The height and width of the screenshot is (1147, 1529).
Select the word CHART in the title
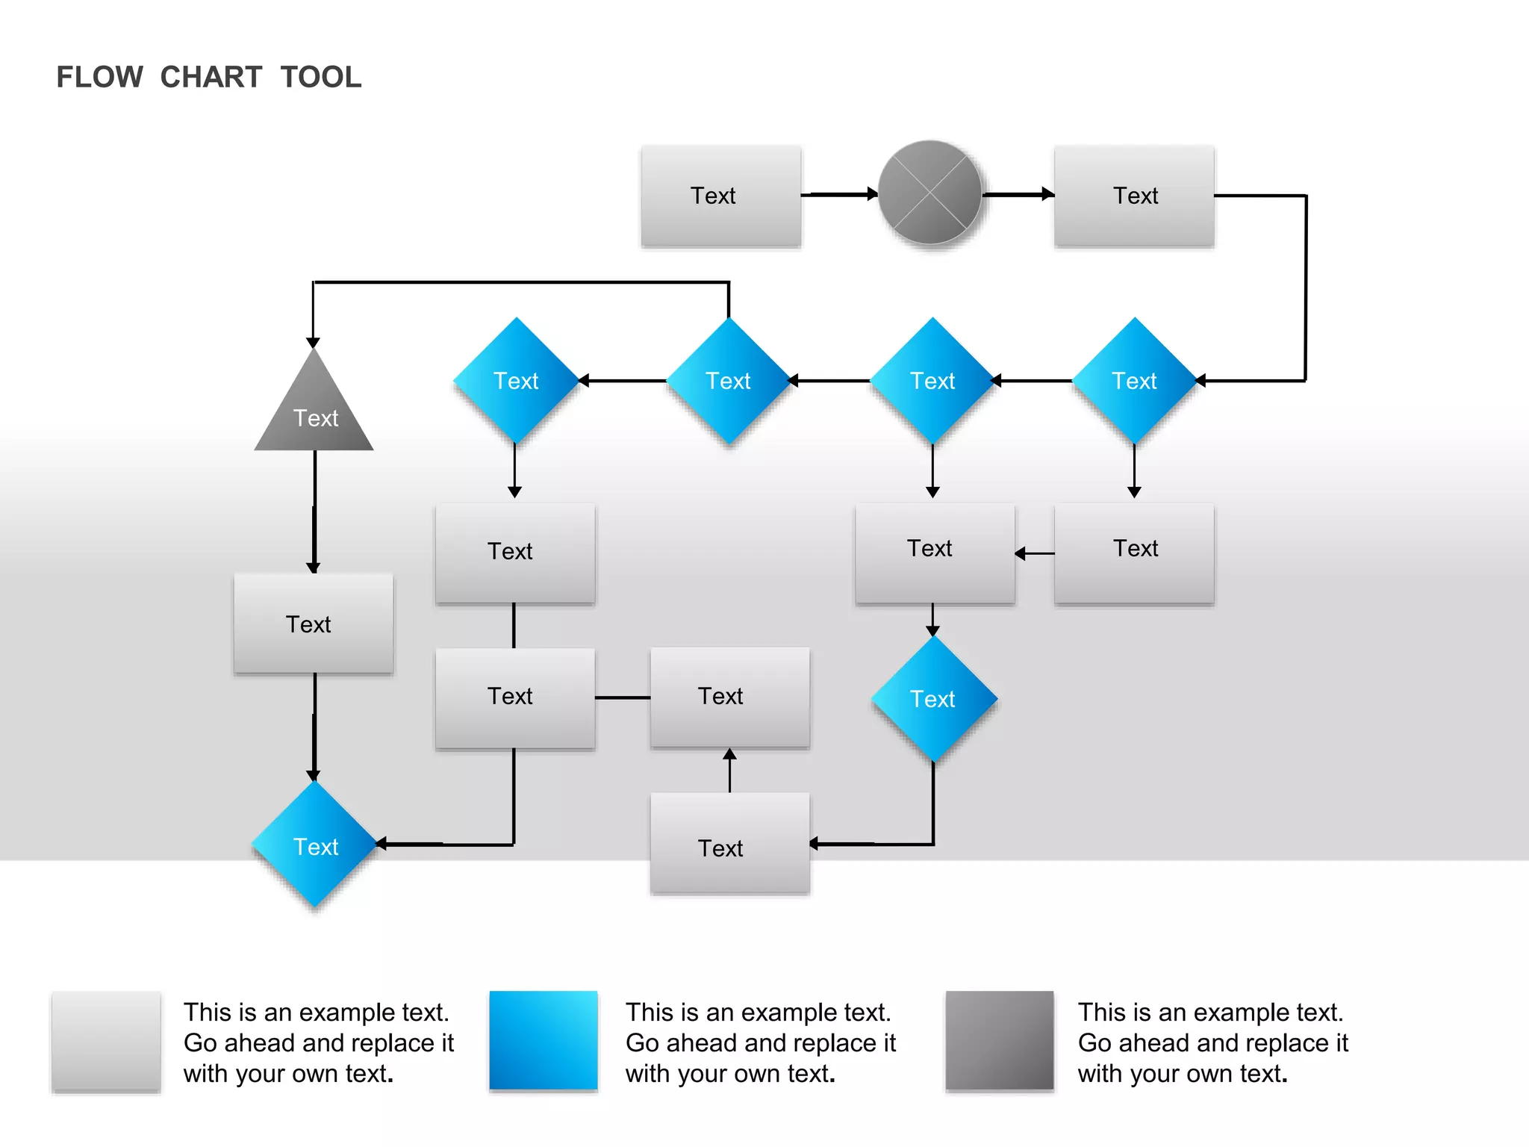point(211,77)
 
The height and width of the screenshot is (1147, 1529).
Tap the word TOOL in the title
point(321,77)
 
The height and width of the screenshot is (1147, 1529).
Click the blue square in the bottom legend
point(544,1040)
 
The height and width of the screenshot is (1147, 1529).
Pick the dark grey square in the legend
point(999,1040)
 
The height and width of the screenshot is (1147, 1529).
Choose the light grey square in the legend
point(106,1041)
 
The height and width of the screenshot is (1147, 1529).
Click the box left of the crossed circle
point(720,196)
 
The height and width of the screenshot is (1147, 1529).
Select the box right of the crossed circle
point(1133,196)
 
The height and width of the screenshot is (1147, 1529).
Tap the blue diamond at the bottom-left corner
point(314,845)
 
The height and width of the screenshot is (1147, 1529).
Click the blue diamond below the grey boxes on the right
point(933,698)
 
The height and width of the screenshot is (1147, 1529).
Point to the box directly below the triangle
point(314,624)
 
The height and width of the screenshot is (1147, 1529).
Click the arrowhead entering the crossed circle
point(872,194)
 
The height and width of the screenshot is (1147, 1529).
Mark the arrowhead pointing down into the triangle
point(314,343)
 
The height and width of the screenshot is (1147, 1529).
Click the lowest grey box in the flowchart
point(729,843)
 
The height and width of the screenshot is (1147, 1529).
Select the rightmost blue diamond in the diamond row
point(1134,381)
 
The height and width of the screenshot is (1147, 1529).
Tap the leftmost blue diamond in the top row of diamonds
point(516,381)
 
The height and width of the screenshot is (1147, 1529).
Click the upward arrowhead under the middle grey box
point(730,755)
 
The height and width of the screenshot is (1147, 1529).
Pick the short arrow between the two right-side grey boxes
point(1034,553)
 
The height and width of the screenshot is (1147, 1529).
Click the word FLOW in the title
point(99,77)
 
